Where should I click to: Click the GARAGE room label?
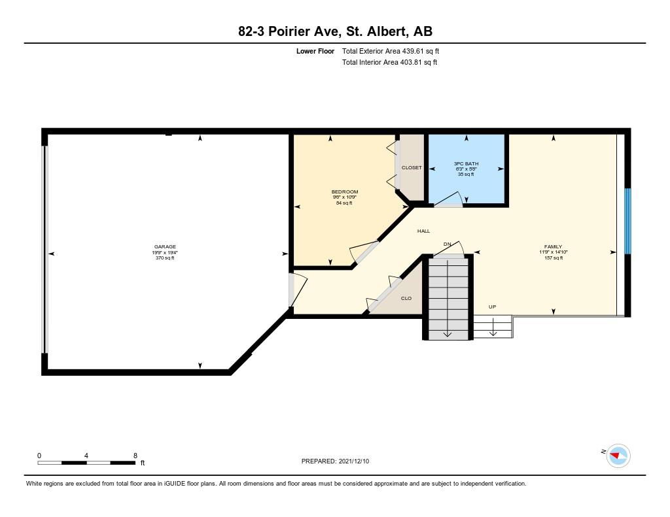165,247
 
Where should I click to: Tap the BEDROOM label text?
344,192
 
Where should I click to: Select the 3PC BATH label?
466,163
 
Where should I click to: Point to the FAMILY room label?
553,247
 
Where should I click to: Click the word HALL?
423,231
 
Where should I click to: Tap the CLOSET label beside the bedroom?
412,168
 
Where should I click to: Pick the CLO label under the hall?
406,299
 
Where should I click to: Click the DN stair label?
447,244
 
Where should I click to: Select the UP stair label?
492,307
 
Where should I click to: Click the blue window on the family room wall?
627,221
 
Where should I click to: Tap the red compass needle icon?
615,456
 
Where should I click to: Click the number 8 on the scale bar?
135,456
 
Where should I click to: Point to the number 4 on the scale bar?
86,456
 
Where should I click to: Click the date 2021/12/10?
354,461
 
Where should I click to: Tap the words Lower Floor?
315,51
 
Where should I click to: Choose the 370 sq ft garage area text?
165,258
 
